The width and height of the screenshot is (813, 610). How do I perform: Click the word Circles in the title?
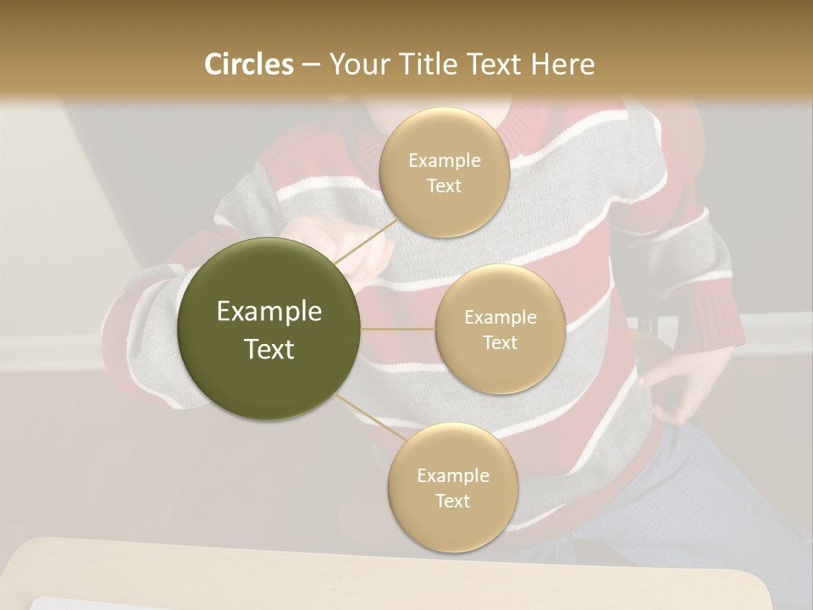coord(248,64)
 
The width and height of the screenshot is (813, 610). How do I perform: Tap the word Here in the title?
coord(562,64)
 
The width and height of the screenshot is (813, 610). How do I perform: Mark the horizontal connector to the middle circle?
coord(398,329)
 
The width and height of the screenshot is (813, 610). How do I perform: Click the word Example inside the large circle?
coord(269,312)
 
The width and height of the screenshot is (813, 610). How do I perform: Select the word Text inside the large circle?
coord(269,349)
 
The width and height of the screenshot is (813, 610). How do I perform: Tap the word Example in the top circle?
coord(444,161)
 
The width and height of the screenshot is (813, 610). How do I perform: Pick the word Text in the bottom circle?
coord(452,501)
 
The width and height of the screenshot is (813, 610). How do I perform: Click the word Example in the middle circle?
coord(500,318)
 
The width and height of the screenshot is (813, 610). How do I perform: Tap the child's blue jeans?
coord(728,491)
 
